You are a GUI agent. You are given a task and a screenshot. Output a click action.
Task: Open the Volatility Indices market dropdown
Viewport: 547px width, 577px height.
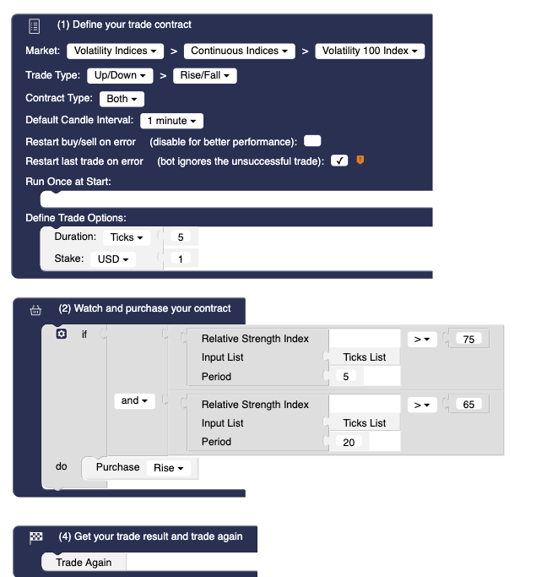click(x=115, y=52)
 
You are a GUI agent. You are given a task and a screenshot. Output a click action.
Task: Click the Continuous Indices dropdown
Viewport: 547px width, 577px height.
click(x=239, y=52)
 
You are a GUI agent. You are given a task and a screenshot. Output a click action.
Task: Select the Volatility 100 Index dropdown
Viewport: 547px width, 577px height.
click(x=370, y=52)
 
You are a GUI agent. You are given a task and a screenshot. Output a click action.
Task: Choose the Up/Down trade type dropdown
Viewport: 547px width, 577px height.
click(x=120, y=76)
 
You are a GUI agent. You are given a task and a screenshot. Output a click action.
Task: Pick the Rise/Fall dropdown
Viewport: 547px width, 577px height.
click(x=205, y=76)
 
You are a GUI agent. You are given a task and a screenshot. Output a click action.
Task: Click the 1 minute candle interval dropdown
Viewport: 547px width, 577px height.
click(x=171, y=122)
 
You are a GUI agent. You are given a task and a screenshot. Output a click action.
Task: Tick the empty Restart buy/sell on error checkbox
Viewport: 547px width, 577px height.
click(x=312, y=141)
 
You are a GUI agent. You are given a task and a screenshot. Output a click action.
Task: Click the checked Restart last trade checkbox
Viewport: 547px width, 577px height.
click(x=339, y=161)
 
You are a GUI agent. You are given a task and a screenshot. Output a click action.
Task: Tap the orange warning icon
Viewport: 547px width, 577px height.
click(x=360, y=160)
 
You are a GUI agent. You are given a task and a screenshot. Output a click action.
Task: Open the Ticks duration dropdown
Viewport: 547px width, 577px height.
click(x=127, y=238)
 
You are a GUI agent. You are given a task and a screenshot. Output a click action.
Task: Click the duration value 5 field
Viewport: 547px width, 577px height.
click(x=181, y=238)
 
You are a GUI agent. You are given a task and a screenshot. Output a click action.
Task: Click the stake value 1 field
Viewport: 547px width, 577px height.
click(x=181, y=259)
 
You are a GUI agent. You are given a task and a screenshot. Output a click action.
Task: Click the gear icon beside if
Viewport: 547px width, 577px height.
click(x=60, y=335)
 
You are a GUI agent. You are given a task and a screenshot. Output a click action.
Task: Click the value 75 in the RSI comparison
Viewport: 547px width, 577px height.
click(x=468, y=339)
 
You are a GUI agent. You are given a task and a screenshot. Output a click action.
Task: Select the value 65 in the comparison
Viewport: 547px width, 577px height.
click(x=468, y=405)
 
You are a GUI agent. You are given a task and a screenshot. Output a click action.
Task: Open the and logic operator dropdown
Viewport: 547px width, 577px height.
click(x=134, y=400)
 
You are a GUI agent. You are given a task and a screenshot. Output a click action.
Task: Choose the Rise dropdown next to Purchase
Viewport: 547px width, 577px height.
click(x=169, y=468)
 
